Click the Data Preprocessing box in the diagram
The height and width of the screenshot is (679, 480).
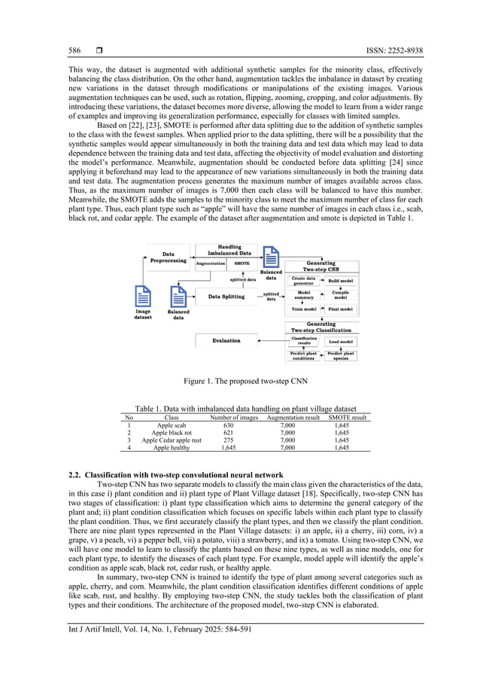(168, 257)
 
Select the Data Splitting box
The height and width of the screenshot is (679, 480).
(226, 297)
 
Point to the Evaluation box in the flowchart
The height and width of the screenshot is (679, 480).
(226, 340)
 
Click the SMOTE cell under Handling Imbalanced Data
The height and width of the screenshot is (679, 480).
(242, 264)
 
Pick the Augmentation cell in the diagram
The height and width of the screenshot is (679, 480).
(211, 264)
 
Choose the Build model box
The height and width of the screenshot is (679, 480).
(341, 281)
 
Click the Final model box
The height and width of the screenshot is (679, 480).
(341, 309)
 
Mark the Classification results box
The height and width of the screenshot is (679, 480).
(305, 340)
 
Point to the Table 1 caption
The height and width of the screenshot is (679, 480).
(239, 408)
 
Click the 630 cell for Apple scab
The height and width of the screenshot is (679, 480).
(229, 425)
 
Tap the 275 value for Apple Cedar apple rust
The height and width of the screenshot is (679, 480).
(229, 440)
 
